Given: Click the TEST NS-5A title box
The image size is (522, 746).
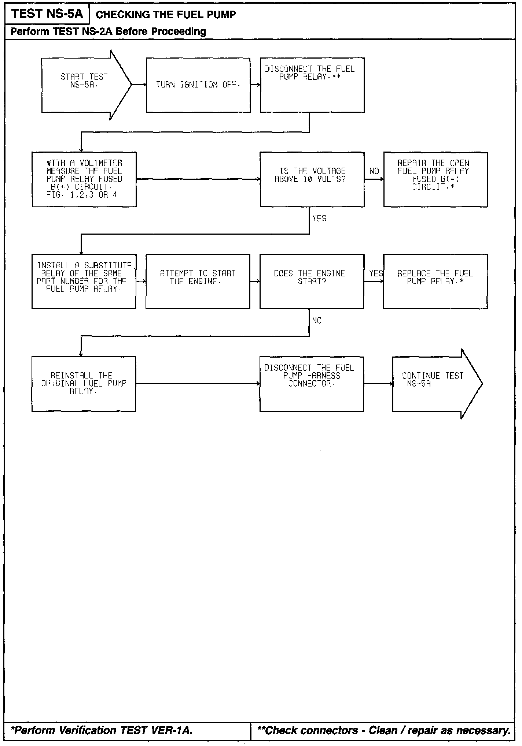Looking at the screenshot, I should (x=47, y=14).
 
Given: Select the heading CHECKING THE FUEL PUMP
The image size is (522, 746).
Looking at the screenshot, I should (x=165, y=15).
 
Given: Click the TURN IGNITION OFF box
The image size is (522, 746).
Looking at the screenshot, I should (x=198, y=85).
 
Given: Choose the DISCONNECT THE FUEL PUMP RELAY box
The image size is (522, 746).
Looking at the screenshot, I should (x=312, y=85).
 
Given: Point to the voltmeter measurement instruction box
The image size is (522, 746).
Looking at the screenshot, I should (x=84, y=179).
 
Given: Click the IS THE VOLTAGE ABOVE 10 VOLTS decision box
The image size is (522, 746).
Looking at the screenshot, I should (x=312, y=179).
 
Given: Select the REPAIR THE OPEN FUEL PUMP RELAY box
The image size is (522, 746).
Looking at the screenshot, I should (x=435, y=179).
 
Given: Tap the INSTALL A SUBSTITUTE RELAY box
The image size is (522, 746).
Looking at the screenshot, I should (x=84, y=281).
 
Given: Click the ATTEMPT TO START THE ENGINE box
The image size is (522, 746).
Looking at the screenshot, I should (x=198, y=281).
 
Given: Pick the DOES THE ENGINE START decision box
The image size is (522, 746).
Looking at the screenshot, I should (x=312, y=281).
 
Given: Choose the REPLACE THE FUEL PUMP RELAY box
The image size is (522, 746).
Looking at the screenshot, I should (x=435, y=281).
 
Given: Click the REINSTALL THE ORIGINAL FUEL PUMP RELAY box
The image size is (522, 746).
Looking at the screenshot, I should (x=84, y=384).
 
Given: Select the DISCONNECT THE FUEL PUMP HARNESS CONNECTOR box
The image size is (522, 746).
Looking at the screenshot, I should (x=312, y=384).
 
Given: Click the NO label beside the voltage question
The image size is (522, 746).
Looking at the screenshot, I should (x=374, y=171).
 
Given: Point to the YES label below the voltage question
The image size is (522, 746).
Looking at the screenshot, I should (x=319, y=219).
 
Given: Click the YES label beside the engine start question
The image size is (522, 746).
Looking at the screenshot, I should (x=376, y=273).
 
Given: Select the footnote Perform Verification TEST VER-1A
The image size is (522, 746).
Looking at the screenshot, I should (x=102, y=730).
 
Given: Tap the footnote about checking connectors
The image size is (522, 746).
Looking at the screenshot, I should (x=384, y=730).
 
